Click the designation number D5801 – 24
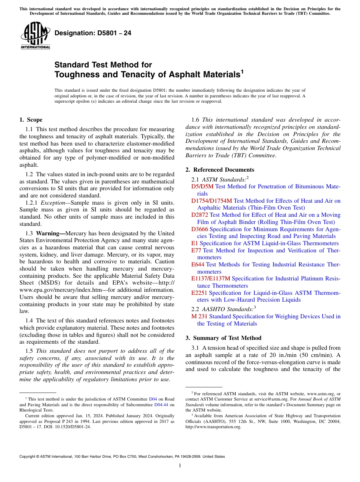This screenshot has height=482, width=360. [x=93, y=33]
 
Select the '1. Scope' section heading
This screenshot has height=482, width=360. [x=31, y=120]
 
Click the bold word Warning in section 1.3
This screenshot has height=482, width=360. [x=50, y=233]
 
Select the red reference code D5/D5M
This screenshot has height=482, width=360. [x=202, y=186]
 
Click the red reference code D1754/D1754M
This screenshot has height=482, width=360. [x=211, y=201]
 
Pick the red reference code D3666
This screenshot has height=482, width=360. [x=200, y=229]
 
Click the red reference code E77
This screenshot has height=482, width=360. [x=197, y=250]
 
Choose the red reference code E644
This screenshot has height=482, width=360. [x=198, y=264]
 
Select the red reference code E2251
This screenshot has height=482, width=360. [x=199, y=293]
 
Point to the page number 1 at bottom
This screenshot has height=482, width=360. [x=180, y=465]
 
